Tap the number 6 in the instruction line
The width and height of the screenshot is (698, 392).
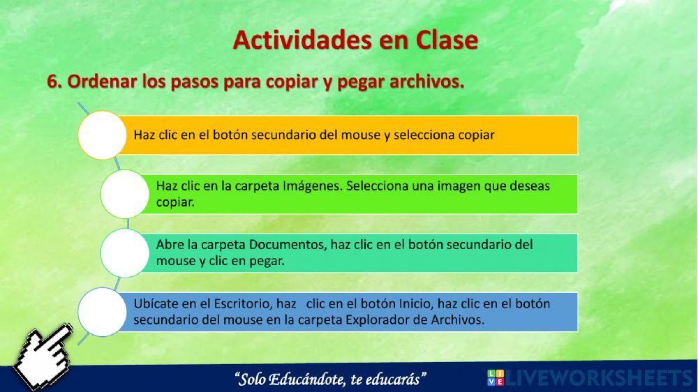point(54,82)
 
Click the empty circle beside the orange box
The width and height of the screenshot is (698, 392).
point(102,135)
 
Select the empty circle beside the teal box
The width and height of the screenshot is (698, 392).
point(124,252)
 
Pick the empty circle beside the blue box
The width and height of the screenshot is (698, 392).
point(102,312)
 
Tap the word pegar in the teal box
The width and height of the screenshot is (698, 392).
point(267,262)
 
